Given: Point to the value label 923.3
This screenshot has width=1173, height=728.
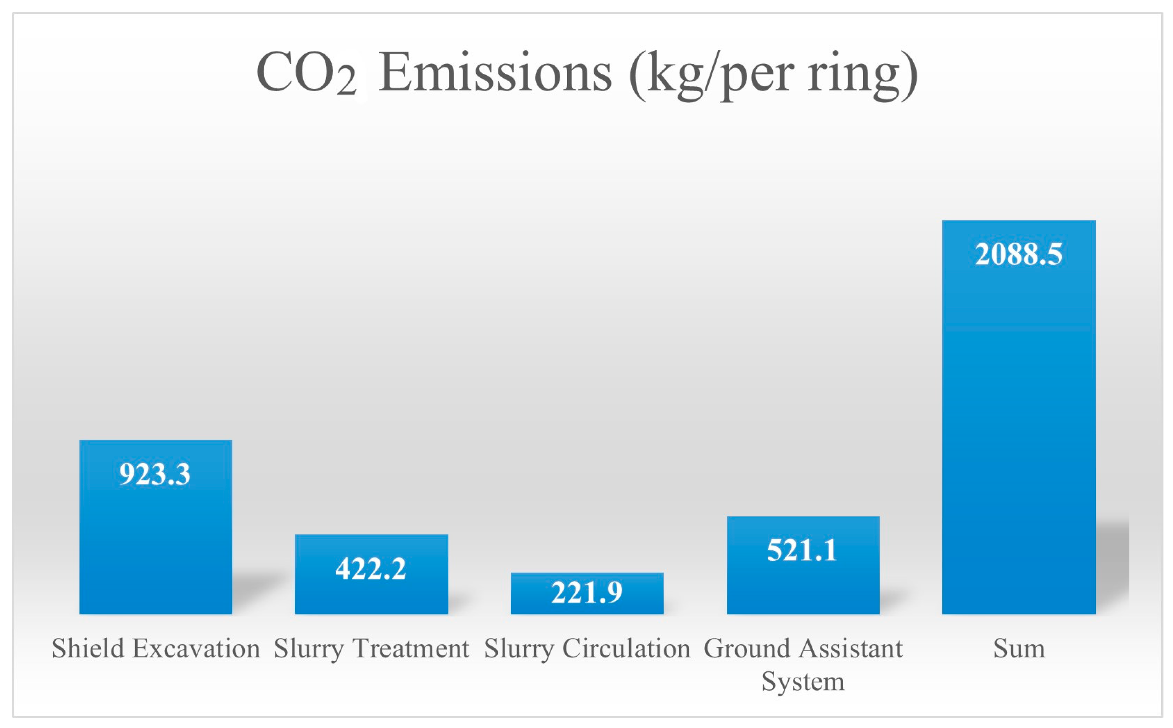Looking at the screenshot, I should [x=155, y=474].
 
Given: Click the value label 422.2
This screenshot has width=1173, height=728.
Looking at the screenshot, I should [x=371, y=569].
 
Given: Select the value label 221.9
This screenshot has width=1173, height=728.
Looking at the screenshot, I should [x=587, y=592].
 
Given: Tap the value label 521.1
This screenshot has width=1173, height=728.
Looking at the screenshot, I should [x=802, y=550].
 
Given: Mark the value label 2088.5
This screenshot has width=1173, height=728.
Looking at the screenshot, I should [x=1018, y=254].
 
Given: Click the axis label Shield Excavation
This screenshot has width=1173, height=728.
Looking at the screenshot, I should [x=155, y=649].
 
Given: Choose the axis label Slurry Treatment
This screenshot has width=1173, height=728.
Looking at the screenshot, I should [x=371, y=649].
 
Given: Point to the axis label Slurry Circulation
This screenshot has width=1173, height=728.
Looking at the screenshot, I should [x=587, y=649].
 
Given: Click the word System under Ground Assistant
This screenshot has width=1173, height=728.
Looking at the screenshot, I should [x=803, y=682].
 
